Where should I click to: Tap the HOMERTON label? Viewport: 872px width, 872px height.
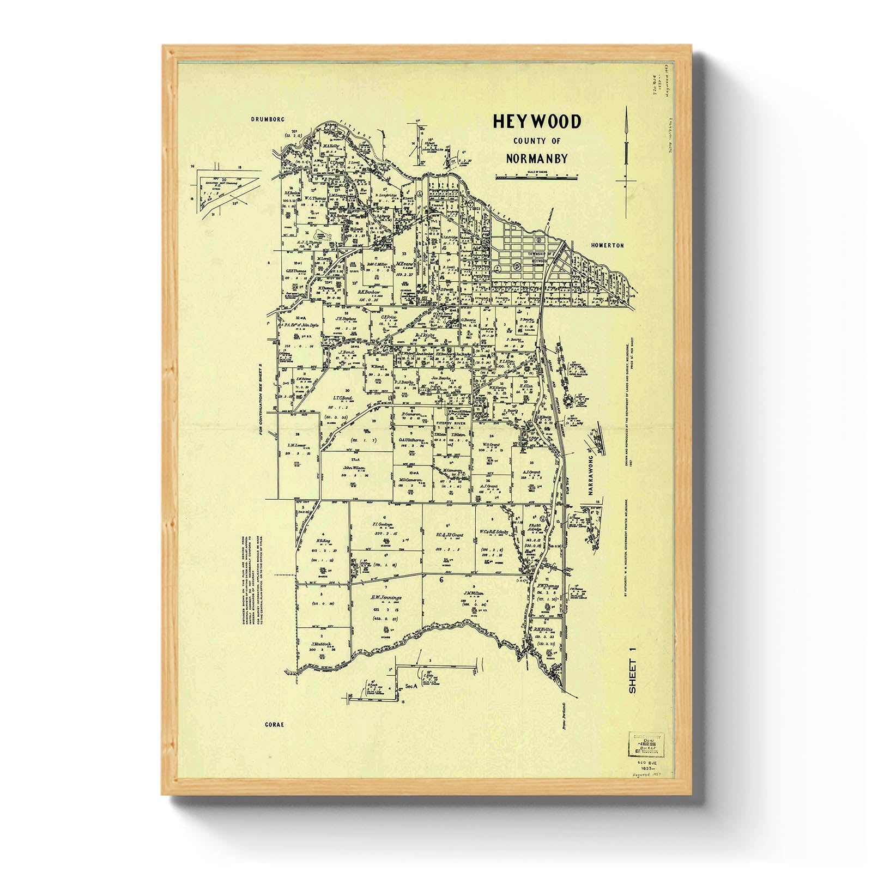(607, 246)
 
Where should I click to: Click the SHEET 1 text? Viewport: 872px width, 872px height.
(632, 676)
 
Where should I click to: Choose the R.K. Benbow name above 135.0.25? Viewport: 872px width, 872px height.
(368, 292)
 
